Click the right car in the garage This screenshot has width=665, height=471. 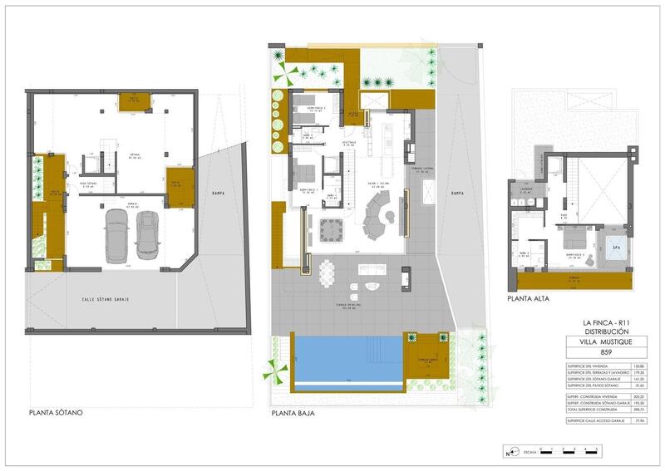(x=147, y=233)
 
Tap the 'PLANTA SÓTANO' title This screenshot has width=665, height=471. (x=56, y=412)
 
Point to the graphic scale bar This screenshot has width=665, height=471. (x=565, y=454)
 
